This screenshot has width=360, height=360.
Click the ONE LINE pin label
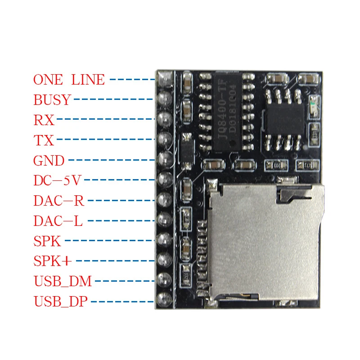click(69, 80)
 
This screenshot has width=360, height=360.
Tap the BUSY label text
click(52, 99)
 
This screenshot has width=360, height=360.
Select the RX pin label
click(44, 120)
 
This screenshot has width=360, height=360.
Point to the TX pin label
click(44, 140)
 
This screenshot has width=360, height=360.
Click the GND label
click(49, 160)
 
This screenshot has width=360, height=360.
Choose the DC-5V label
click(57, 180)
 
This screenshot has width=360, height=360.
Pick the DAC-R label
click(58, 201)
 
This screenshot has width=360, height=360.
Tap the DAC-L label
click(58, 221)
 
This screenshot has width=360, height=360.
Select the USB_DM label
click(63, 282)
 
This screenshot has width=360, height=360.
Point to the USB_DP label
click(62, 301)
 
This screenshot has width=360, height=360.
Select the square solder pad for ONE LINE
click(165, 79)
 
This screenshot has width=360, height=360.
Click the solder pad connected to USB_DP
click(165, 299)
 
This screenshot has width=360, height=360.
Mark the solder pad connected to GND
click(165, 159)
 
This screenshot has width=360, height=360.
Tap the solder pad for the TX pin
click(165, 139)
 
